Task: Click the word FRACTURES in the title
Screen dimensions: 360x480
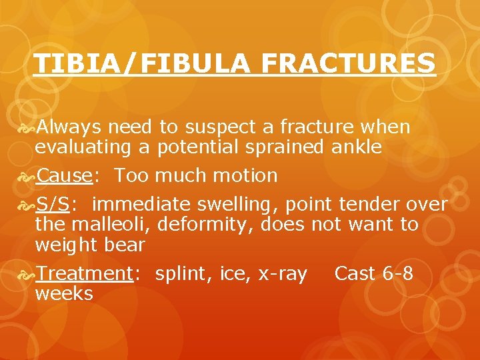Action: click(348, 64)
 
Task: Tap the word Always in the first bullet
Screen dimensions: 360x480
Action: click(69, 127)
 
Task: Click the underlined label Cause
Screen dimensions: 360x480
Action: click(64, 176)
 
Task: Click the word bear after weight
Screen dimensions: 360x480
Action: click(123, 245)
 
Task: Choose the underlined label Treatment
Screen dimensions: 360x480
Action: click(83, 273)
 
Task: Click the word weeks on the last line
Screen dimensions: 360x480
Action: click(64, 293)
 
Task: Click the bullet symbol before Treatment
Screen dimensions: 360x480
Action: click(26, 274)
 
